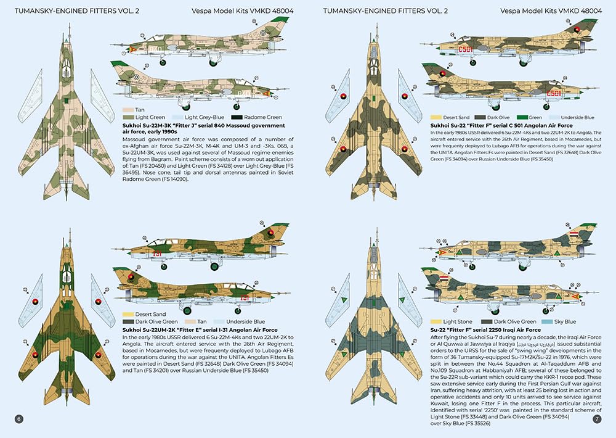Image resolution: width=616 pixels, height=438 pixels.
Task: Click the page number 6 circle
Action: pyautogui.click(x=19, y=419)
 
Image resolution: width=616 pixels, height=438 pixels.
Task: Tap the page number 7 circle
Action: pyautogui.click(x=596, y=419)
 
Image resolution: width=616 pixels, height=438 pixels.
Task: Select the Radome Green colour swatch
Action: pyautogui.click(x=236, y=117)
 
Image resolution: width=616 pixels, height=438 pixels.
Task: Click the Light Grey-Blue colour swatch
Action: pyautogui.click(x=177, y=117)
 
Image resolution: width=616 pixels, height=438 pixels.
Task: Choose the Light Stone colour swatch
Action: pyautogui.click(x=436, y=321)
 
